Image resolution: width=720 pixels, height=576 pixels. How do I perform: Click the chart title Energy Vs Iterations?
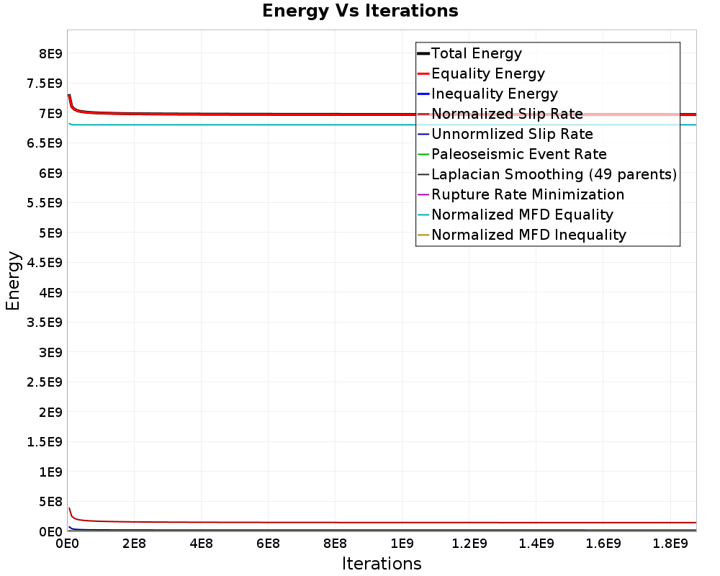(360, 12)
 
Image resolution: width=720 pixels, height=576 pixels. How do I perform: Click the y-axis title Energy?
(13, 281)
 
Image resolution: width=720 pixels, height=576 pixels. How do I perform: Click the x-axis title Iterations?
(382, 563)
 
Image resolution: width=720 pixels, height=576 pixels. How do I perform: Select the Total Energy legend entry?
(476, 53)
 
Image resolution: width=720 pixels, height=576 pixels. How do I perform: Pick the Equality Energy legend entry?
(487, 73)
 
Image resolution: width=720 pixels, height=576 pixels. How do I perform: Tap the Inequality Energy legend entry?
(494, 94)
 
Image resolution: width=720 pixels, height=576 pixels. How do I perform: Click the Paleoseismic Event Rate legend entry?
(518, 154)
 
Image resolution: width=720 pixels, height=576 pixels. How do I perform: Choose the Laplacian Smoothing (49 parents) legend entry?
(554, 174)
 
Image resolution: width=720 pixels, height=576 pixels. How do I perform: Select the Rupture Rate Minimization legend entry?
(528, 194)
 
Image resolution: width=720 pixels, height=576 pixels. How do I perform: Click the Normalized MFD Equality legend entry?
(522, 215)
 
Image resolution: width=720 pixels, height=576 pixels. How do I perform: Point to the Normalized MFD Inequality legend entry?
(528, 235)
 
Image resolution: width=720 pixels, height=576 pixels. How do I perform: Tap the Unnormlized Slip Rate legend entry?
(512, 134)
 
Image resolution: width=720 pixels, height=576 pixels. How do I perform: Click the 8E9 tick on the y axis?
(50, 53)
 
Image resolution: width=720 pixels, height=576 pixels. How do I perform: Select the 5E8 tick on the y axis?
(50, 502)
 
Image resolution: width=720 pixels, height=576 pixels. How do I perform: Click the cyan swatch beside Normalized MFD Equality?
(423, 215)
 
